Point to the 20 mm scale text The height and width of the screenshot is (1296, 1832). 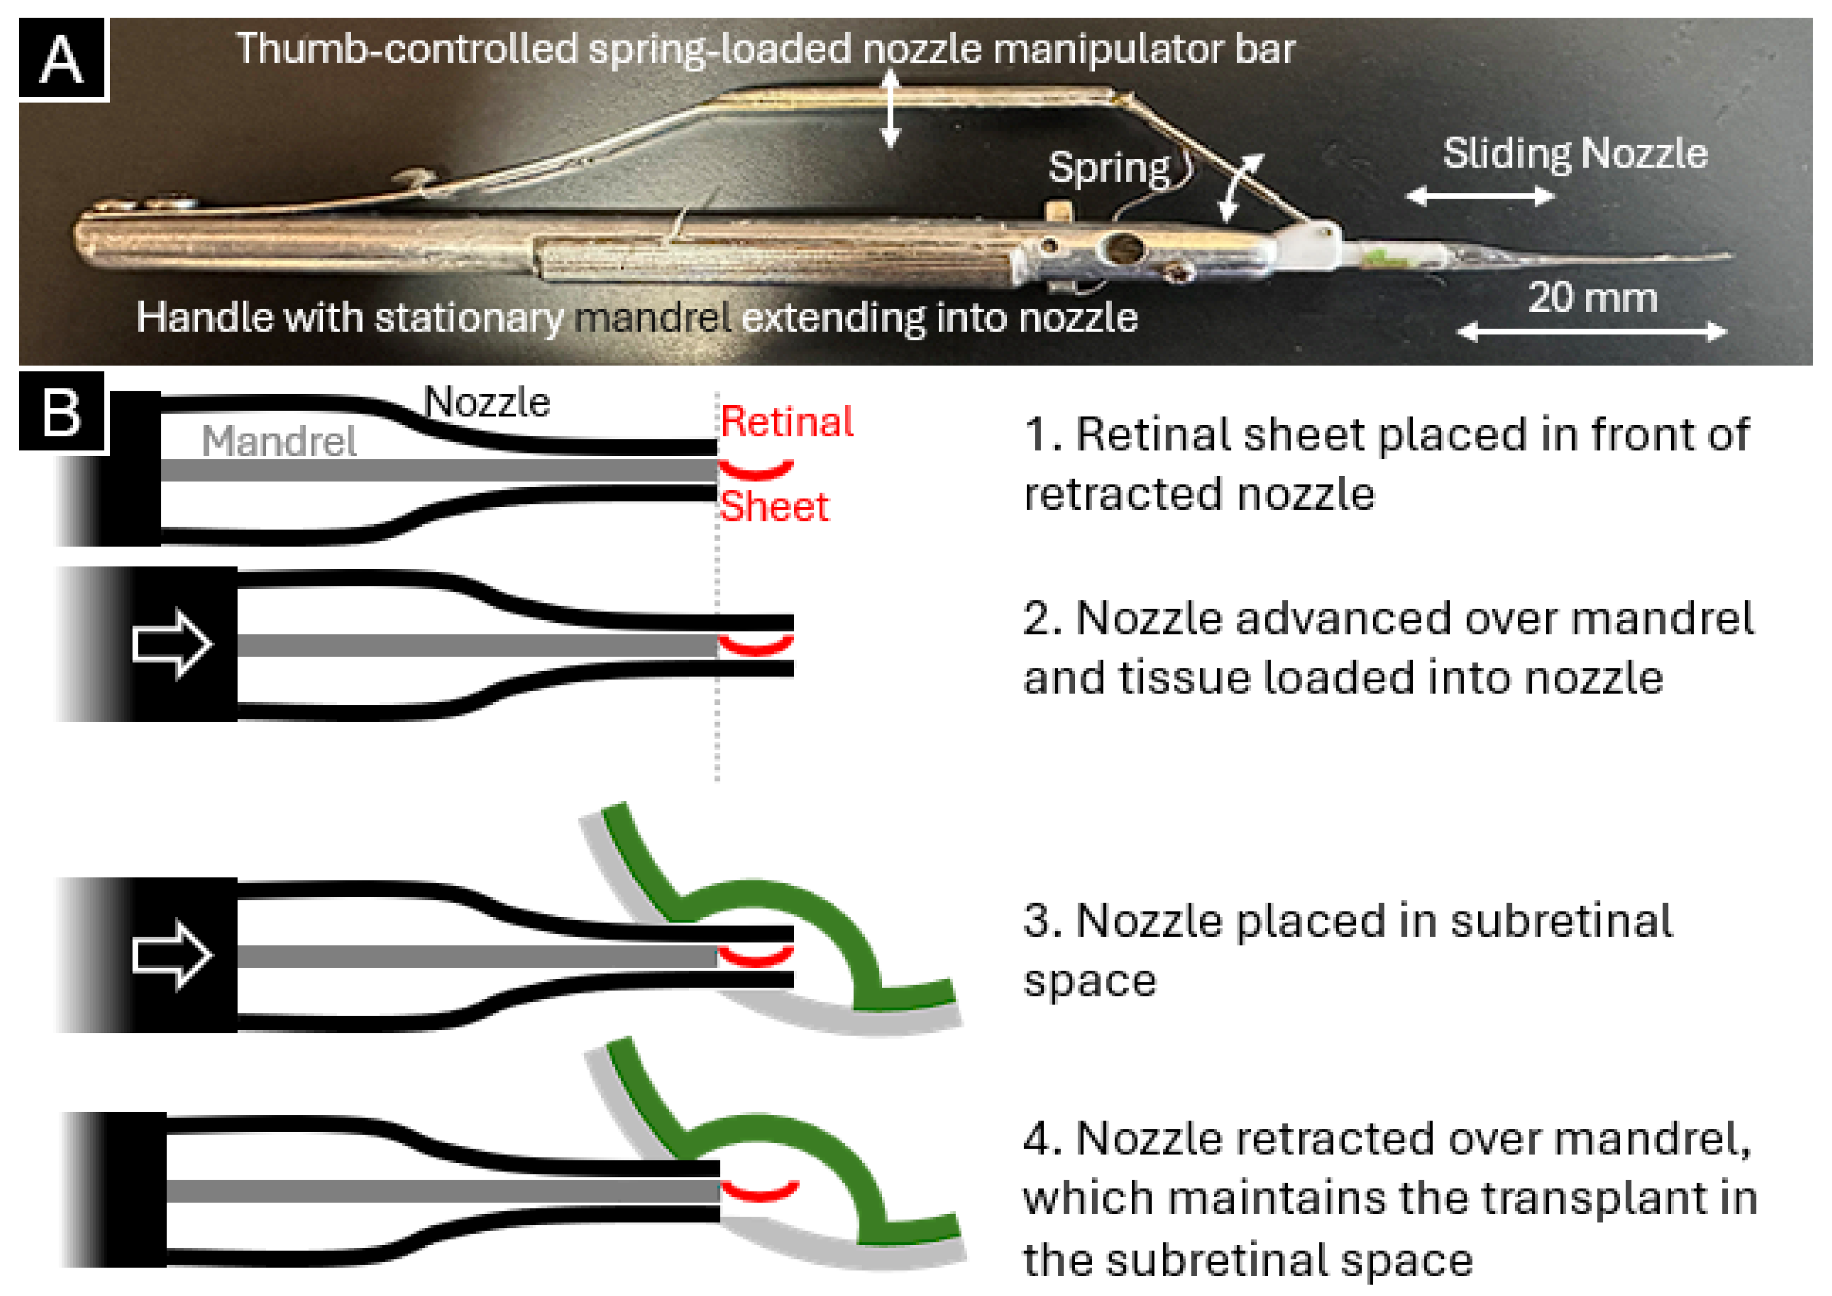click(x=1592, y=299)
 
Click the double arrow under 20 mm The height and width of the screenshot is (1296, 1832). click(x=1592, y=331)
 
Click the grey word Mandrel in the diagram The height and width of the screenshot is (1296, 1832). click(x=279, y=441)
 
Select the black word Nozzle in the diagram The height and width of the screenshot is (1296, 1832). click(x=487, y=402)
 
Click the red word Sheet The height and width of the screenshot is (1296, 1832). click(x=774, y=507)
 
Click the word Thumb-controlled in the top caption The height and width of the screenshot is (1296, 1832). click(x=406, y=49)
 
